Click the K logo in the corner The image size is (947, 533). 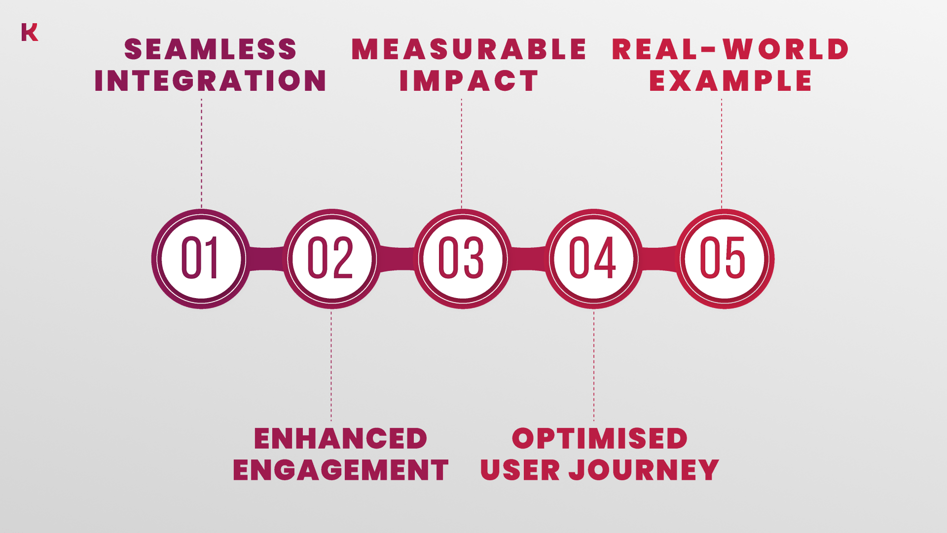coord(30,32)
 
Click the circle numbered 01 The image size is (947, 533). coord(201,259)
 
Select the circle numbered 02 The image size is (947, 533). coord(332,259)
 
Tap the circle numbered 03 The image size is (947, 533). coord(463,259)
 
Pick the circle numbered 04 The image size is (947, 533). coord(594,259)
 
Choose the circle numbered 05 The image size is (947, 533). coord(725,259)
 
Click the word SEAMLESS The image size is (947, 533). coord(211,49)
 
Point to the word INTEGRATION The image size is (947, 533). coord(211,80)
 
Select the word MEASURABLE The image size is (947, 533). coord(469,49)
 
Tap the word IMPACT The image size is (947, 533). coord(469,80)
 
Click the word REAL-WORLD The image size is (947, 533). coord(730,49)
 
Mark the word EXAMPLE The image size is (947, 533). coord(730,80)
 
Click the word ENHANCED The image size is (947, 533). coord(340,439)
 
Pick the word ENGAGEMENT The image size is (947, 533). coord(341,470)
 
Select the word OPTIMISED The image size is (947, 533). coord(600,439)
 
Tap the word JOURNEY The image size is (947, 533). coord(644,470)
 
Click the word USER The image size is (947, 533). coord(520,470)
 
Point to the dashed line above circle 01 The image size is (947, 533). coord(201,153)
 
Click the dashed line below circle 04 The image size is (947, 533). coord(594,366)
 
